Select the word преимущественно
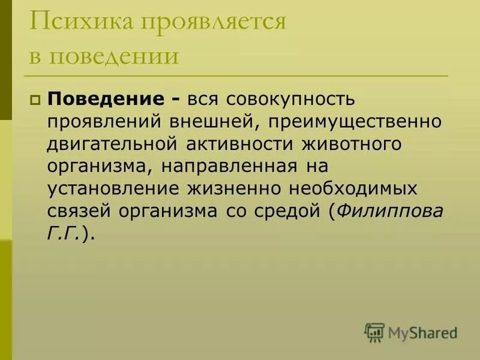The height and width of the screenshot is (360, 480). [x=356, y=121]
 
